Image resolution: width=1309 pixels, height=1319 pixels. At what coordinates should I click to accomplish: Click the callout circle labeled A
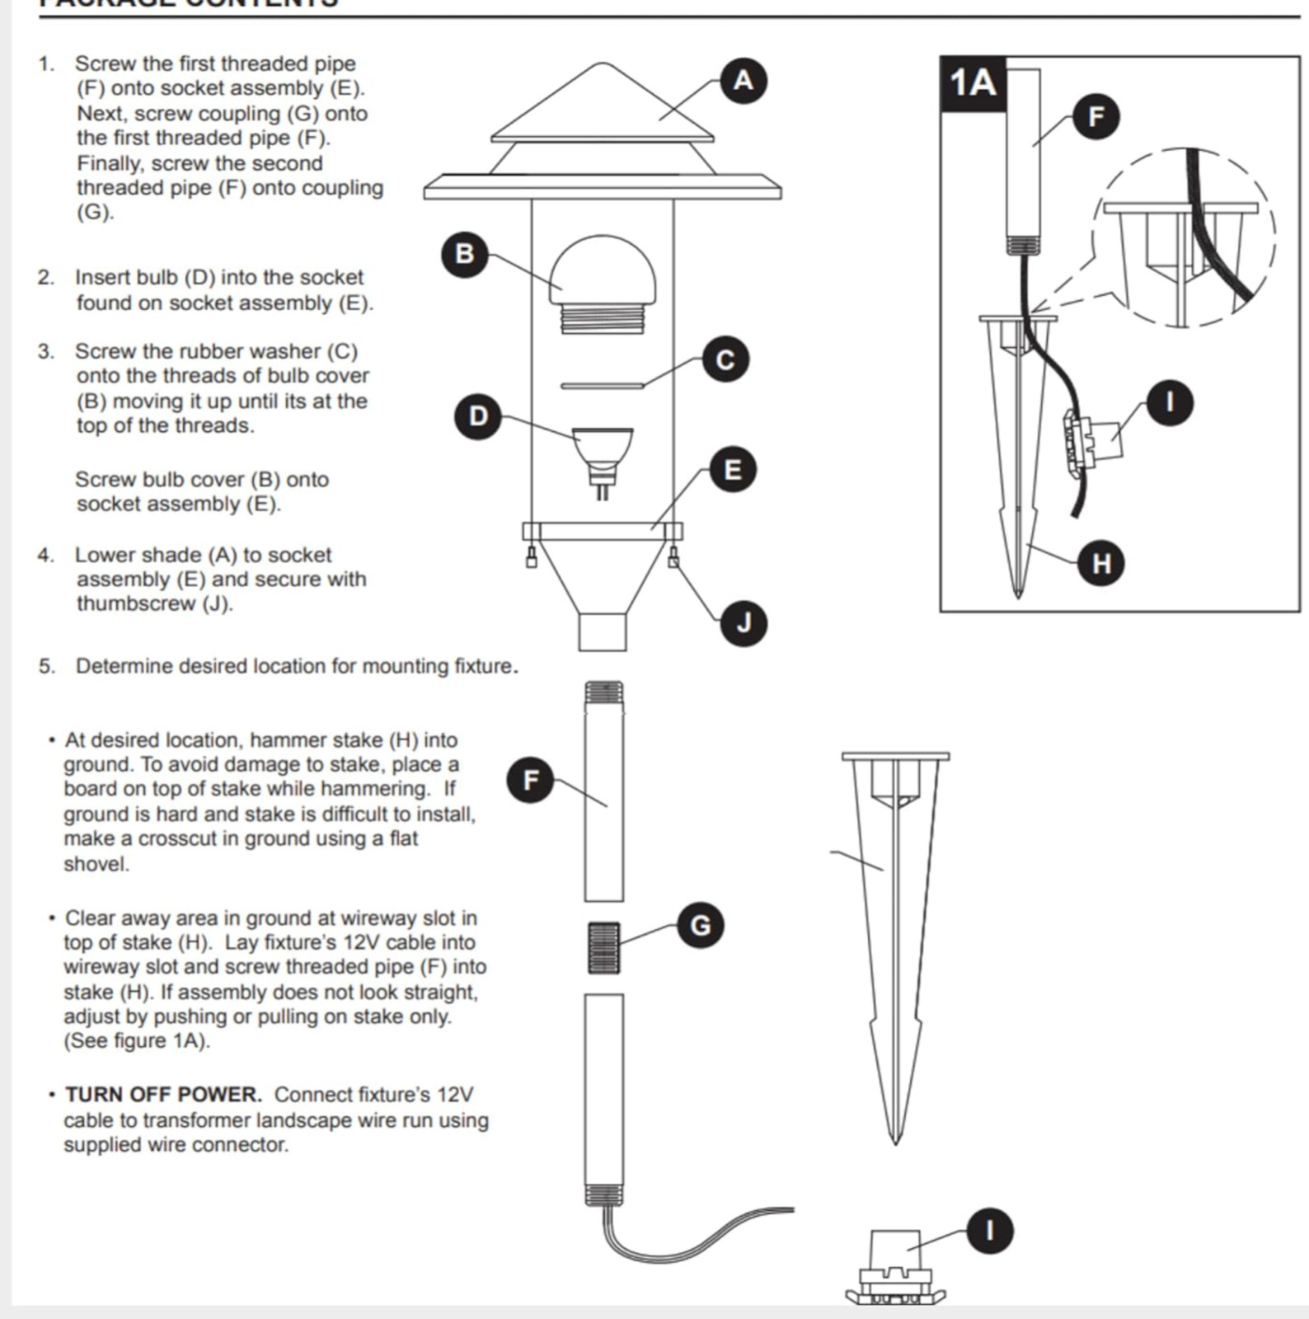pyautogui.click(x=743, y=80)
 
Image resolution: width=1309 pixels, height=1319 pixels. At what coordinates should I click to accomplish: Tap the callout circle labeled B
pyautogui.click(x=464, y=253)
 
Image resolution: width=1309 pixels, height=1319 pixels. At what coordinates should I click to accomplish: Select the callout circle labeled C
pyautogui.click(x=725, y=359)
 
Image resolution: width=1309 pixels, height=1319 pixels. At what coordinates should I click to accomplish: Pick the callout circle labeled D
pyautogui.click(x=478, y=416)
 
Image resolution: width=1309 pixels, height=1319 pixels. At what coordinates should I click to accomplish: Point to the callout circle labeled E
pyautogui.click(x=731, y=470)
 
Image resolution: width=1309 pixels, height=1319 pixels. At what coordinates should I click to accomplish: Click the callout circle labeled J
pyautogui.click(x=744, y=622)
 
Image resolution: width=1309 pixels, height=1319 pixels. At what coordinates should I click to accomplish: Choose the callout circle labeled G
pyautogui.click(x=699, y=925)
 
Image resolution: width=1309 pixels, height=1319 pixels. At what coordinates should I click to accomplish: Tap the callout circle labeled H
pyautogui.click(x=1101, y=563)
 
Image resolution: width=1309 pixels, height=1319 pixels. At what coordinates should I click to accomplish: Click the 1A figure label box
pyautogui.click(x=974, y=83)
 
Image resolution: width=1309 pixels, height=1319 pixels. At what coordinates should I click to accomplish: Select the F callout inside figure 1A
pyautogui.click(x=1096, y=116)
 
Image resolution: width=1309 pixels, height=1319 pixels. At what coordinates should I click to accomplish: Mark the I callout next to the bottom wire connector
pyautogui.click(x=989, y=1231)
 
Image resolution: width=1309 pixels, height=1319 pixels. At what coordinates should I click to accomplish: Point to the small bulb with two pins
pyautogui.click(x=603, y=458)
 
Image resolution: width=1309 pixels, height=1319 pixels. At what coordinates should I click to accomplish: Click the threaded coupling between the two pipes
pyautogui.click(x=603, y=948)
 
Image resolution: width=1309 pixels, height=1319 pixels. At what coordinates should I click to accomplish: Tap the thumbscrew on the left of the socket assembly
pyautogui.click(x=533, y=558)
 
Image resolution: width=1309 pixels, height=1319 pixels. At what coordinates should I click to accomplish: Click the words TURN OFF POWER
pyautogui.click(x=163, y=1095)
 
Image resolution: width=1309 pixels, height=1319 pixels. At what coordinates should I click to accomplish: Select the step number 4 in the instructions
pyautogui.click(x=45, y=555)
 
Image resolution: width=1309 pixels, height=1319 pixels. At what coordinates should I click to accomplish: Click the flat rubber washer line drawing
pyautogui.click(x=602, y=385)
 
